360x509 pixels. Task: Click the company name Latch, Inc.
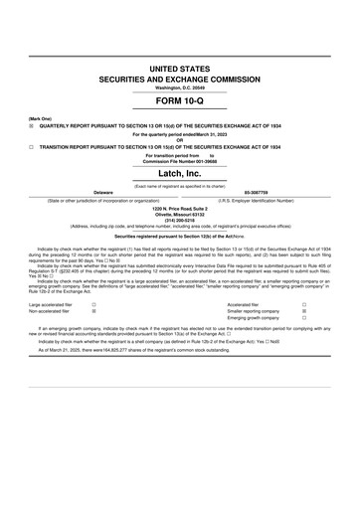tap(180, 173)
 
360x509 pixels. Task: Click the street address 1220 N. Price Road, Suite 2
tap(180, 208)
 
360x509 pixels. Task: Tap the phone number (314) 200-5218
tap(180, 220)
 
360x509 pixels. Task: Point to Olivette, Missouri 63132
tap(180, 214)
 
